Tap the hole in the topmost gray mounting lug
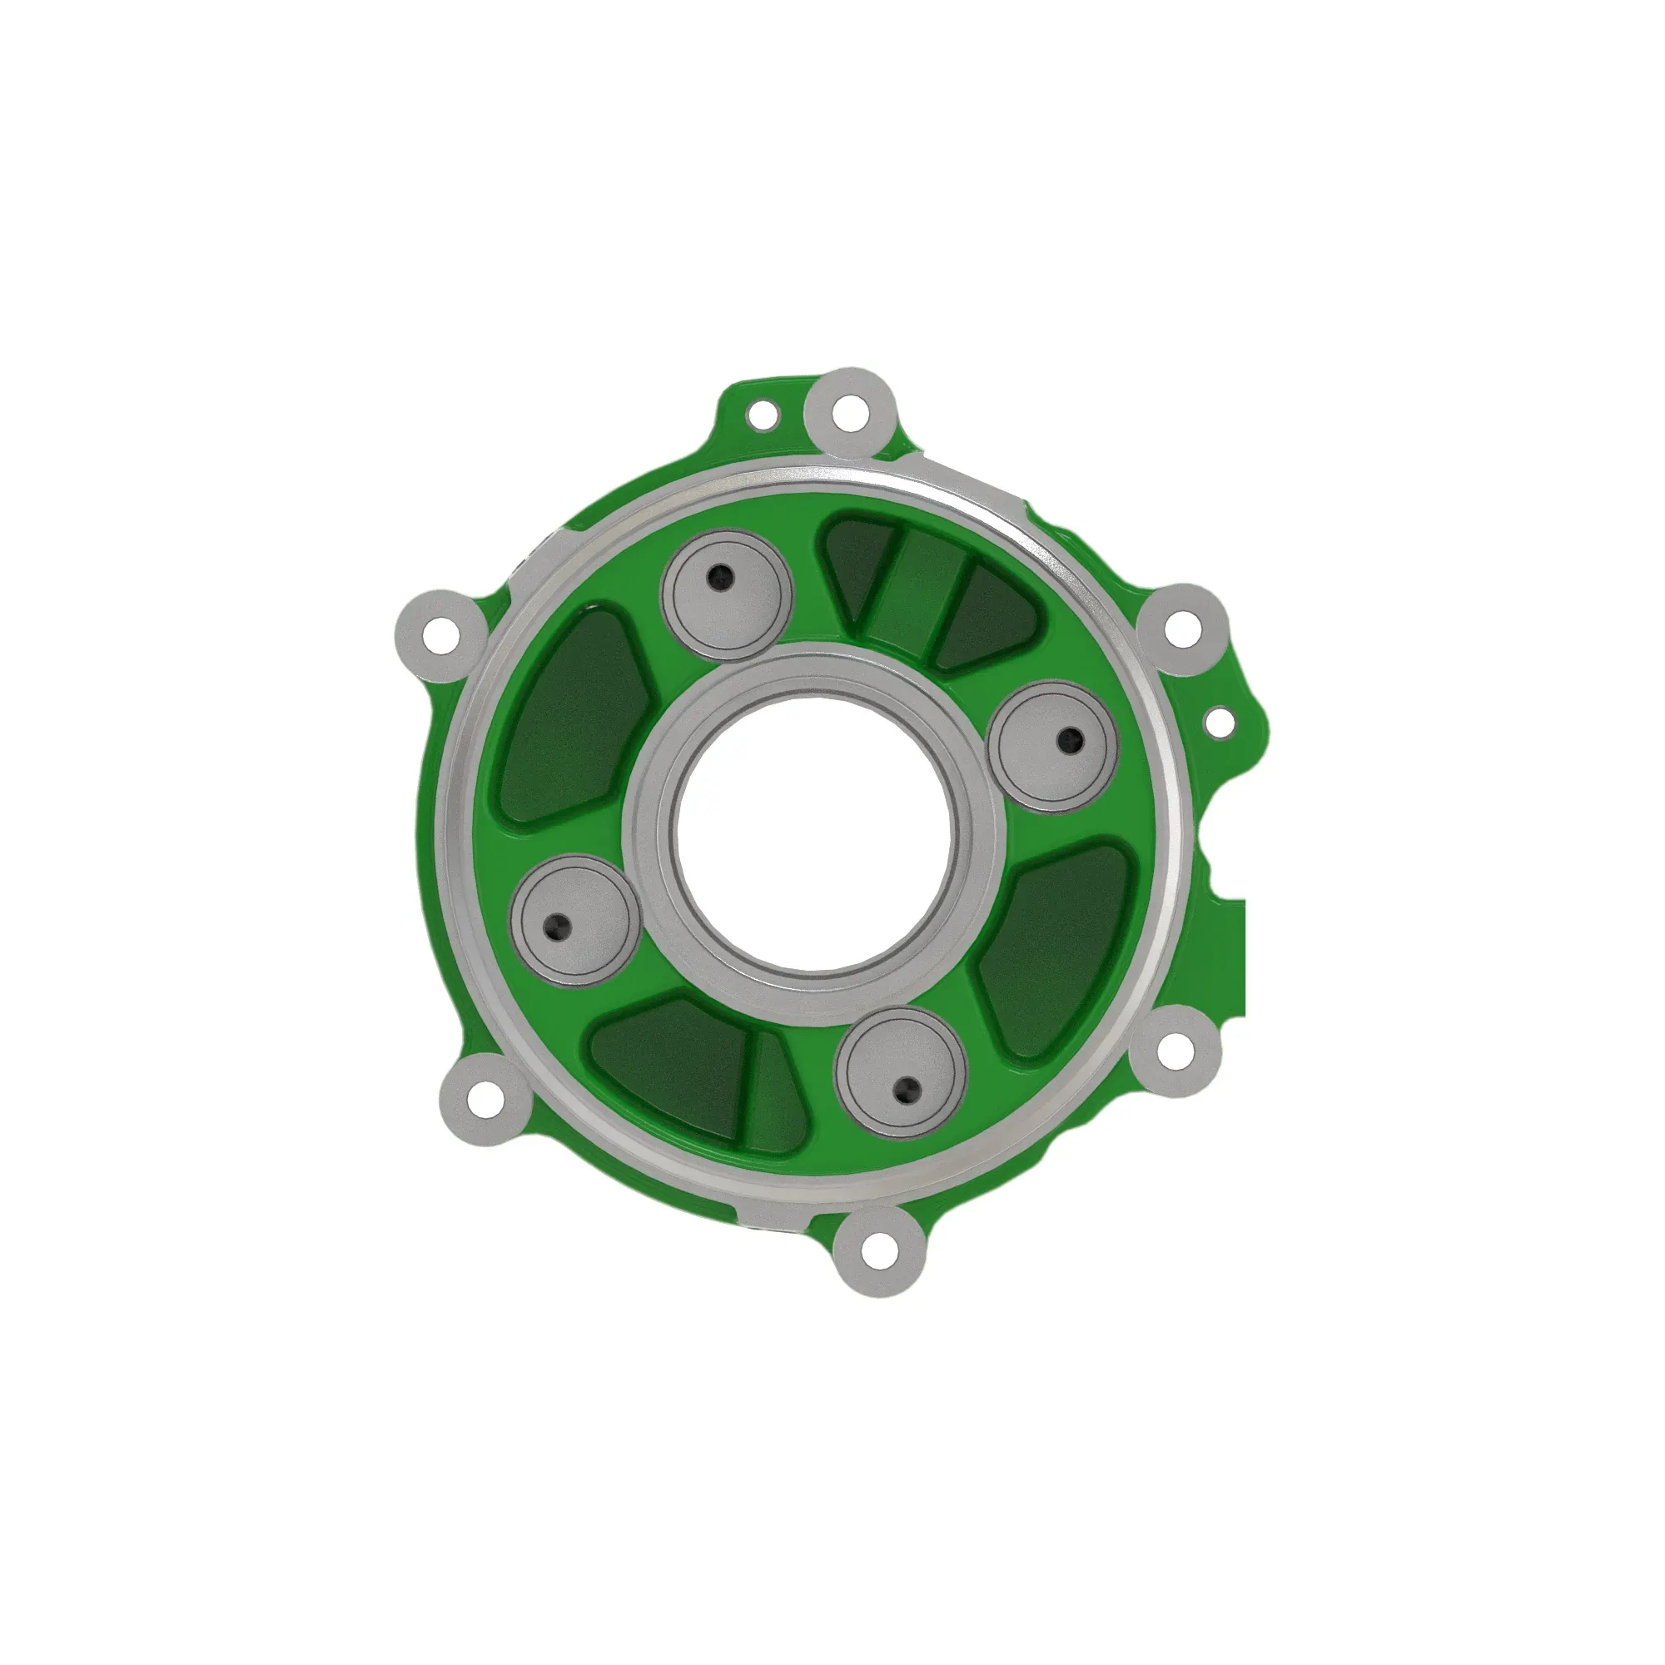pos(851,413)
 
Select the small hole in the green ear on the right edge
pos(1219,722)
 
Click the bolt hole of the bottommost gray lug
pos(878,1245)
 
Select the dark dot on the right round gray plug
pos(1071,738)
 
